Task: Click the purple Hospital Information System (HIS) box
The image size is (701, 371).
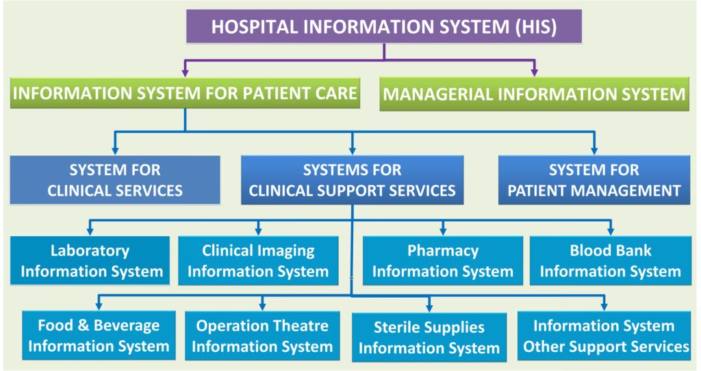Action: click(384, 27)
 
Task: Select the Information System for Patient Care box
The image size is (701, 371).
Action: click(185, 93)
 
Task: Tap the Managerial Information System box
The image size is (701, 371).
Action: click(534, 94)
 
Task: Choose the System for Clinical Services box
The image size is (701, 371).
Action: click(115, 179)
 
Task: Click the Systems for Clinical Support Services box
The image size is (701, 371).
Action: click(352, 179)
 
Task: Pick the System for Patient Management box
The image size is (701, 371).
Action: click(594, 179)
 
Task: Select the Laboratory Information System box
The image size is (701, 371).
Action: click(90, 261)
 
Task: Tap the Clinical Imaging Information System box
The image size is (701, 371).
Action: click(258, 261)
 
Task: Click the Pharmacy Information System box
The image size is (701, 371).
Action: click(443, 261)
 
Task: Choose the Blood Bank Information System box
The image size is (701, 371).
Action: click(610, 261)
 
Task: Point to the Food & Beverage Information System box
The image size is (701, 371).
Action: click(99, 335)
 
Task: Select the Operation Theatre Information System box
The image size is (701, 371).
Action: click(262, 335)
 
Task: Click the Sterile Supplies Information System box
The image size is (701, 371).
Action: click(429, 337)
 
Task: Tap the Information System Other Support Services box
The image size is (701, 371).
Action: click(606, 335)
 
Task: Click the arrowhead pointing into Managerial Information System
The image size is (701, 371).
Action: click(535, 71)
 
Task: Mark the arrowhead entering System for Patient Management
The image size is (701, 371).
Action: click(594, 148)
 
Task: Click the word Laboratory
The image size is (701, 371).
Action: click(90, 251)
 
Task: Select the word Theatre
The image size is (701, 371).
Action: click(296, 325)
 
